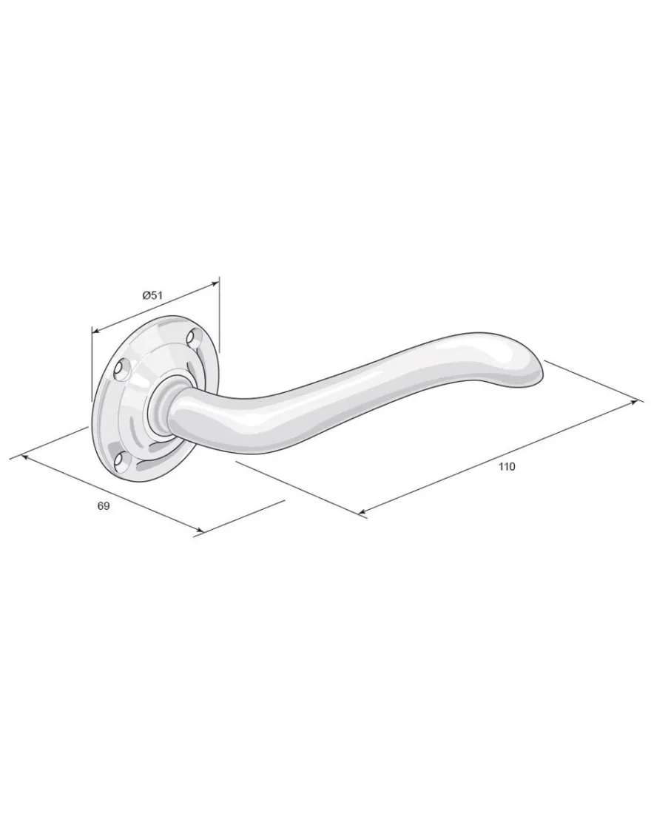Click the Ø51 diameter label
pos(152,295)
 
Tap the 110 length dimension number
pos(507,466)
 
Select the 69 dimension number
pos(104,505)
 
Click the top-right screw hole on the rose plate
pos(195,337)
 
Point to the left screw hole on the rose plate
pos(122,369)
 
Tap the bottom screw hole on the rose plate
pos(121,458)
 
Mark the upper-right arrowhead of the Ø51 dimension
pos(215,283)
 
